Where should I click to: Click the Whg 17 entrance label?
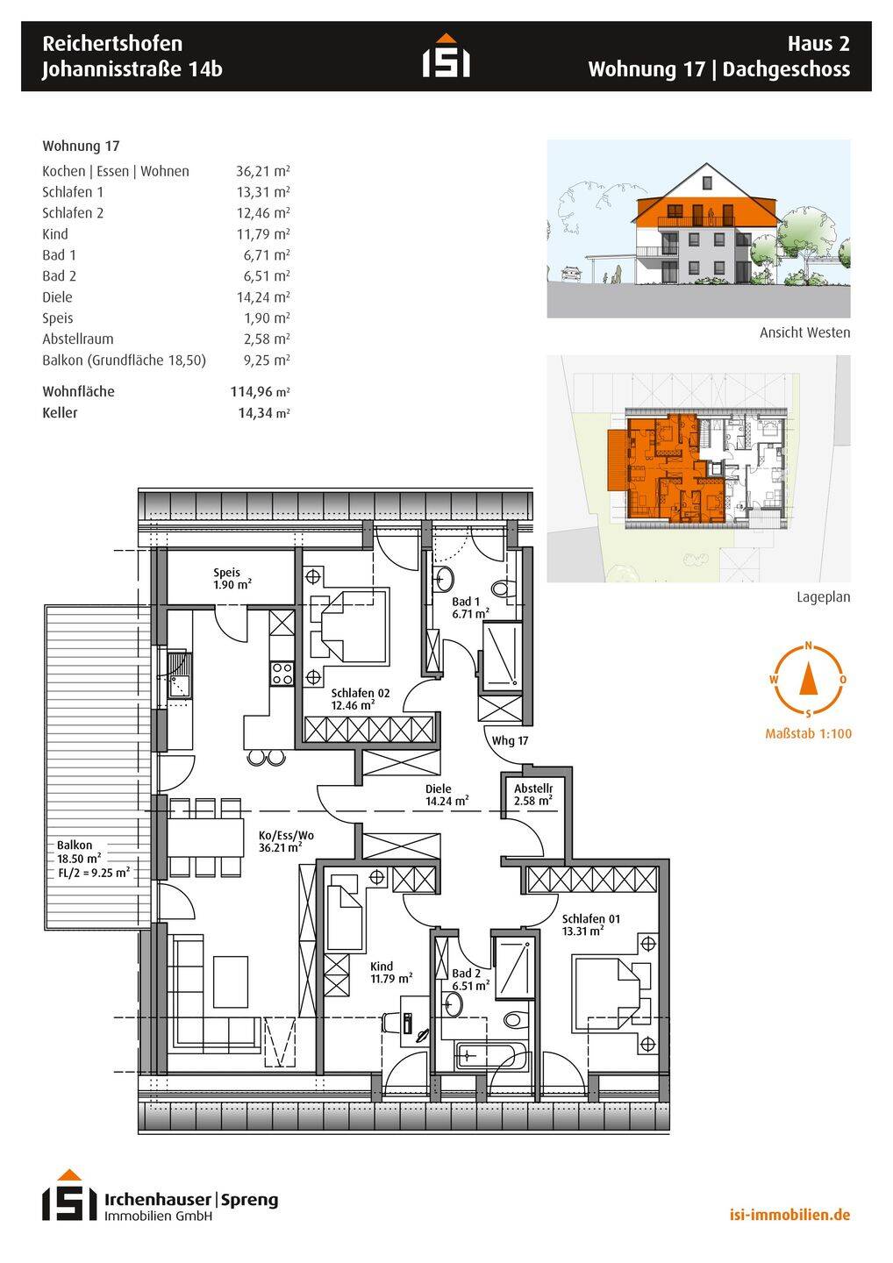[x=510, y=741]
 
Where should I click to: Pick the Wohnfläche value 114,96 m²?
[x=260, y=392]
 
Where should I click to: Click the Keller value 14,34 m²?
[x=263, y=413]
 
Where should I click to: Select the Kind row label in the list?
[x=55, y=234]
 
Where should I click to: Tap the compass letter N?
[x=808, y=647]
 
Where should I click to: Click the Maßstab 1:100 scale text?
[x=808, y=734]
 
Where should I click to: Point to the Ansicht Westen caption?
[x=804, y=333]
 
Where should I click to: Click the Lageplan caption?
[x=823, y=597]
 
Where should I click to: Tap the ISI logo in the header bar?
[x=446, y=56]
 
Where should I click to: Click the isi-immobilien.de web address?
[x=789, y=1215]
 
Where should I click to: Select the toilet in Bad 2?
[x=516, y=1020]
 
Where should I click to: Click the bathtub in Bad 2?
[x=492, y=1055]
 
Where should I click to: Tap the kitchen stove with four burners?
[x=282, y=674]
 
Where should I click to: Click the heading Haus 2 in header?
[x=818, y=43]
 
